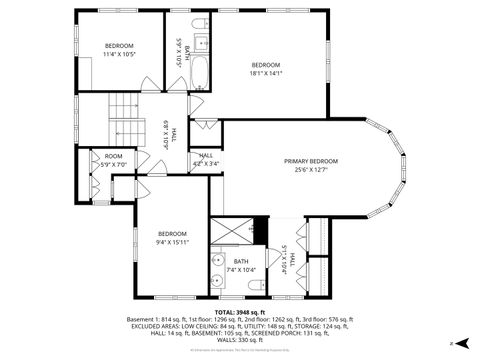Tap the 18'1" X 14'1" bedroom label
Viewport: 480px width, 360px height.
click(266, 69)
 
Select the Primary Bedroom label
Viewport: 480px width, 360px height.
click(310, 166)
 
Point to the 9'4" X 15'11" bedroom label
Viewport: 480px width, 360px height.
click(172, 238)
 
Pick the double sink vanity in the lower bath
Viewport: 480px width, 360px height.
click(217, 272)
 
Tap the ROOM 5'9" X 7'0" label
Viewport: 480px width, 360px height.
click(114, 161)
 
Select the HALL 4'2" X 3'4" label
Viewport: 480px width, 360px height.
click(206, 159)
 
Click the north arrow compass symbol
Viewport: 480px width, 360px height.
click(452, 343)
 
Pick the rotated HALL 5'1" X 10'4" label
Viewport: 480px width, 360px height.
click(288, 260)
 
